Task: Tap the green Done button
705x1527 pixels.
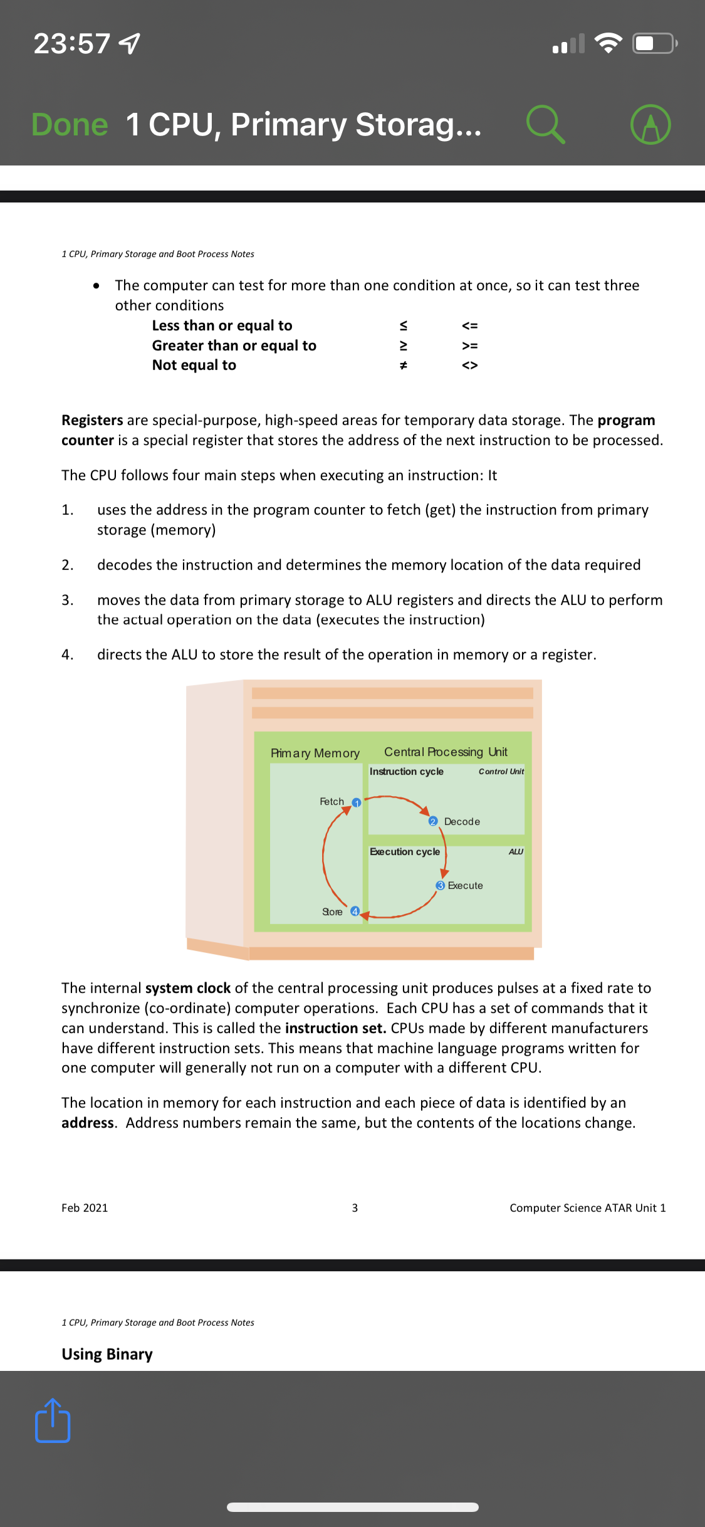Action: point(70,125)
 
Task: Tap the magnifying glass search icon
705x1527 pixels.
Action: point(545,124)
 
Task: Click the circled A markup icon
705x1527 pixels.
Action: point(650,124)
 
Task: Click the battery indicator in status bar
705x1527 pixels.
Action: point(654,43)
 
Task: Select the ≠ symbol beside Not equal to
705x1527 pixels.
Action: point(404,365)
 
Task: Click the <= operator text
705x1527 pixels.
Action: point(469,325)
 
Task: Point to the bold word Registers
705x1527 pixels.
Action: point(92,420)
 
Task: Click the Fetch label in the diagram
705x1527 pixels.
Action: point(332,801)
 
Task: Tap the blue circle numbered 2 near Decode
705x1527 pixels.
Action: point(432,821)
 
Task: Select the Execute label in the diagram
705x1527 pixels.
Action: point(465,885)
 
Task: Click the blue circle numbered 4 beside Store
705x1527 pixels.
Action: point(355,911)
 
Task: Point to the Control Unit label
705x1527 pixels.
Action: point(501,772)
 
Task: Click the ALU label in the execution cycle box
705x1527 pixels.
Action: point(516,851)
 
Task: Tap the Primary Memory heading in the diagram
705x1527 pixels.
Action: point(315,753)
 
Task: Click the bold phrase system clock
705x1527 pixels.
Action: point(188,988)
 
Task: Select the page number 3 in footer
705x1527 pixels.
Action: point(355,1207)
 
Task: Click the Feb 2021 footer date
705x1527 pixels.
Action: point(85,1207)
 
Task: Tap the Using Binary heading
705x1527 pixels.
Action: point(107,1354)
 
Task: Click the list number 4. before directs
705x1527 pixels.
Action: point(67,654)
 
